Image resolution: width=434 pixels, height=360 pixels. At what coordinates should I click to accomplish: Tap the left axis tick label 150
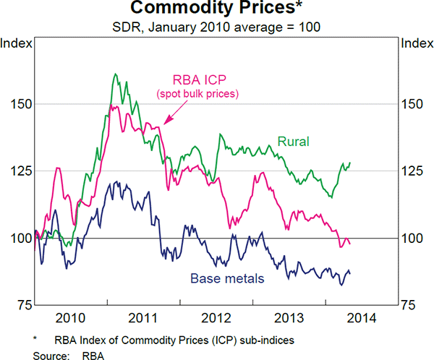(20, 103)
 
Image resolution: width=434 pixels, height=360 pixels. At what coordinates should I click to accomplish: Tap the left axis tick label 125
(20, 171)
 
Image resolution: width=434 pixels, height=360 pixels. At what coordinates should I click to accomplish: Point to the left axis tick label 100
(20, 238)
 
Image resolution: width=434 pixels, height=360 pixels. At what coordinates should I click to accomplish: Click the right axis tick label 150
(413, 103)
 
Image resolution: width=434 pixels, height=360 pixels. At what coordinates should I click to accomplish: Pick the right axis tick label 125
(413, 171)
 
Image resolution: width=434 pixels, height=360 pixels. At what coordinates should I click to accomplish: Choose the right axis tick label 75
(410, 305)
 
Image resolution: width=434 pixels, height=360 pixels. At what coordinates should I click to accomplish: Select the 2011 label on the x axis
(144, 318)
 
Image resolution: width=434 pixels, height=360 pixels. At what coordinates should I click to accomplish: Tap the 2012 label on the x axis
(217, 318)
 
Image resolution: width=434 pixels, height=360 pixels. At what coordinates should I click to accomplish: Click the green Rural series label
(294, 142)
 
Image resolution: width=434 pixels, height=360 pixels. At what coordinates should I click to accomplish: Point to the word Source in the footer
(49, 353)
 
